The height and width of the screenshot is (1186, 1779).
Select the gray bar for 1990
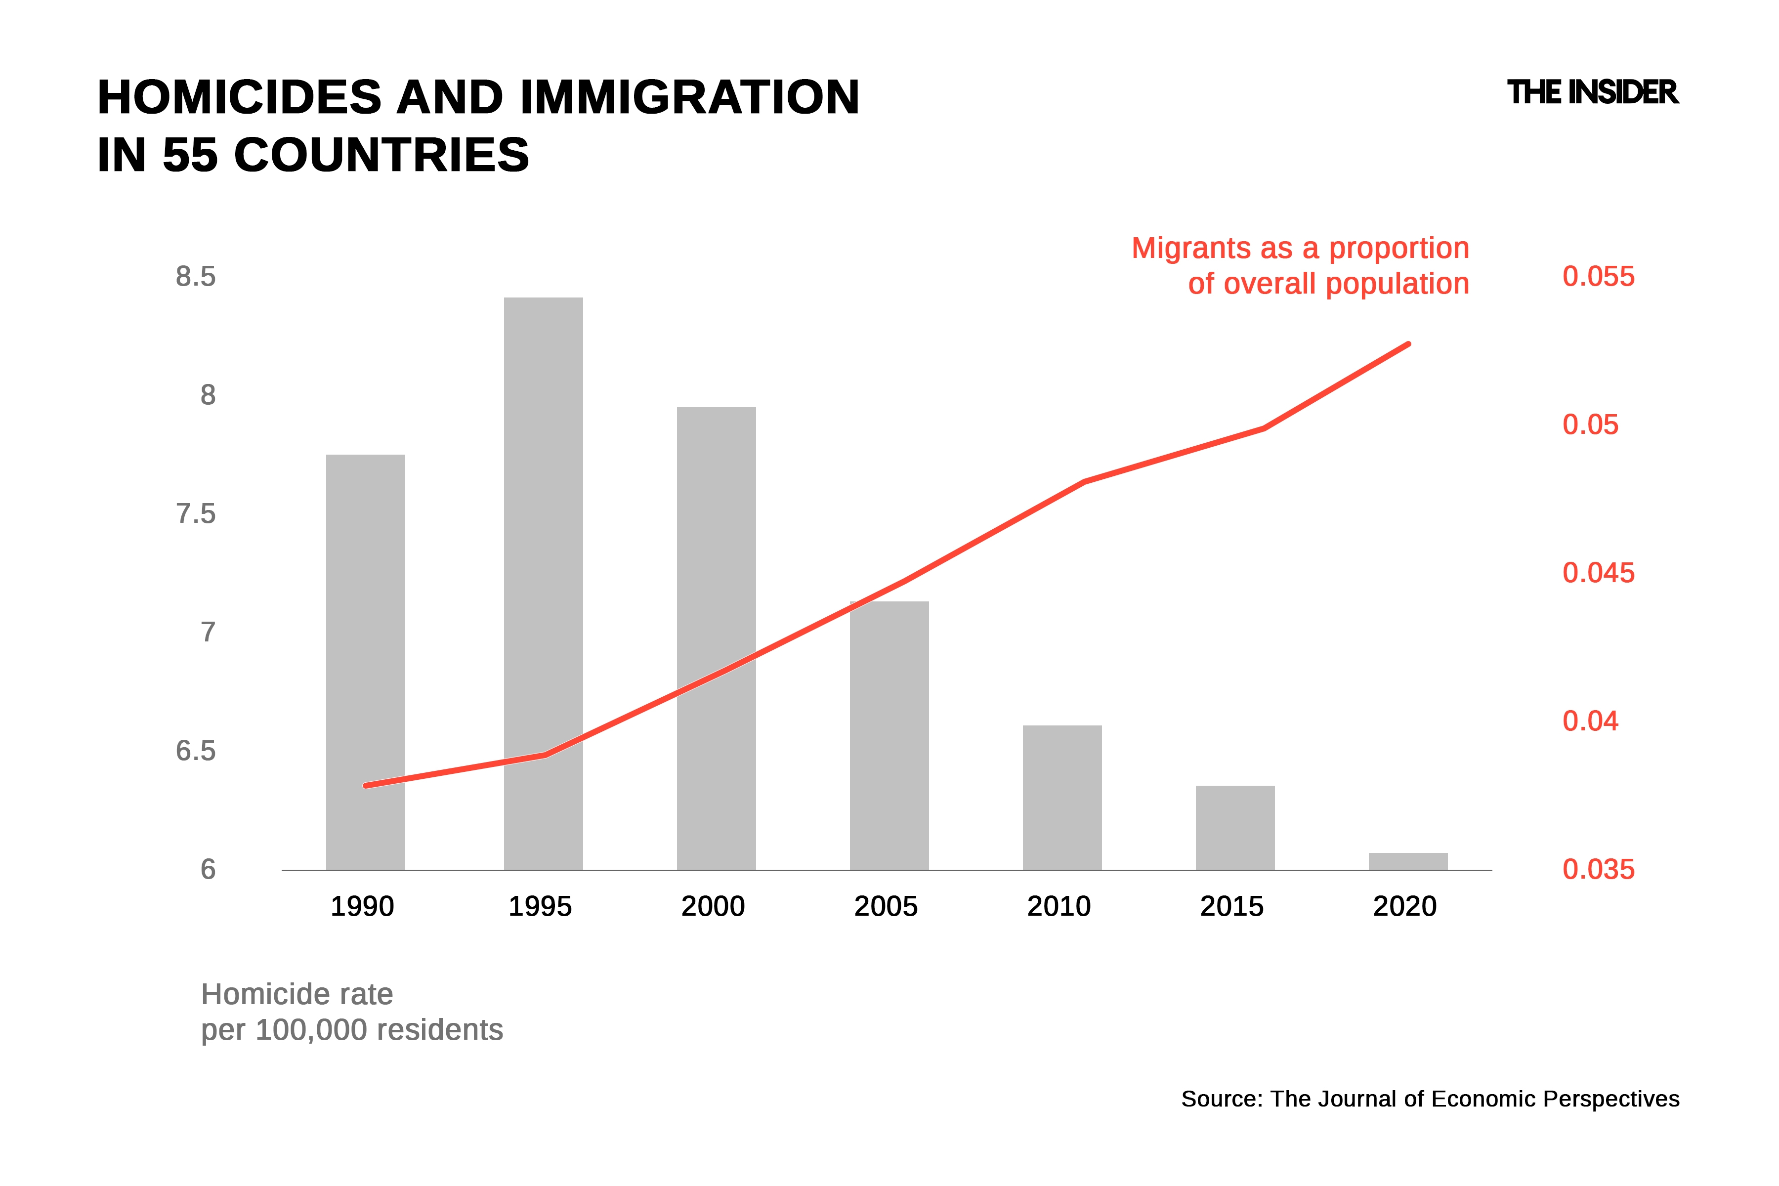tap(365, 662)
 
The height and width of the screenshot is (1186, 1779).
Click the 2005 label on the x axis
tap(886, 906)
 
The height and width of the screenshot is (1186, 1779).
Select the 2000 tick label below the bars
tap(713, 906)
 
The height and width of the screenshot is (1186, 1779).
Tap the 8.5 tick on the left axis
tap(195, 277)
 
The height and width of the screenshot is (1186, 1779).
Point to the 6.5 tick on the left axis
tap(195, 751)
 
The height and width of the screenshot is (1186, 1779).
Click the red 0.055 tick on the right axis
tap(1598, 277)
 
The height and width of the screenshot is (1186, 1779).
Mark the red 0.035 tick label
tap(1598, 869)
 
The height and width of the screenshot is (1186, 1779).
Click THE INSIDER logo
tap(1592, 92)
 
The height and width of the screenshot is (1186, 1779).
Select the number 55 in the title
tap(190, 155)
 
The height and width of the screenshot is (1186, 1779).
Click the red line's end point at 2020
tap(1408, 344)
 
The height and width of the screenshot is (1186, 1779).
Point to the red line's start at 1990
tap(365, 786)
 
